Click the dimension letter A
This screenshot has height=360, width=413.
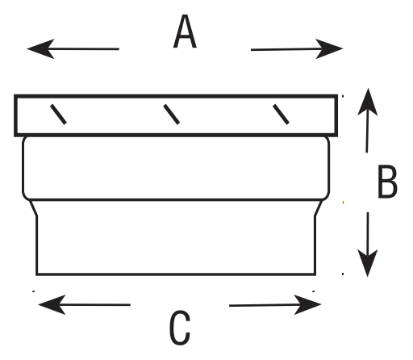(185, 31)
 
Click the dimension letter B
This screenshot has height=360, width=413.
(387, 182)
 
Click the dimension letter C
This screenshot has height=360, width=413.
(180, 328)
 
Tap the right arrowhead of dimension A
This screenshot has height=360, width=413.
(329, 48)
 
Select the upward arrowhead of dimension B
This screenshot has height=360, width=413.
(368, 102)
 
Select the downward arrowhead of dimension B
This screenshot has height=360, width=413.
(368, 263)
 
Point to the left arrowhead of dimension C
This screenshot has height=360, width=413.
(52, 304)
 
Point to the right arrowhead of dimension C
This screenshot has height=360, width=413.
(308, 304)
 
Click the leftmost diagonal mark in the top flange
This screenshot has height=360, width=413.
(58, 115)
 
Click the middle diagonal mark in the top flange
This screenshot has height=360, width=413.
(171, 115)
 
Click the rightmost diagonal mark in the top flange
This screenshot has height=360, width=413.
(281, 115)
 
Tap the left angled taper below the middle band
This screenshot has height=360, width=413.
(33, 207)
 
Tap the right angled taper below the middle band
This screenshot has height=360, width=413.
(319, 207)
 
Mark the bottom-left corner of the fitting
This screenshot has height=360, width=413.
(36, 274)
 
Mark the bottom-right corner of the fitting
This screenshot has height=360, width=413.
(315, 274)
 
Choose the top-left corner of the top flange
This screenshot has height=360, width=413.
(15, 96)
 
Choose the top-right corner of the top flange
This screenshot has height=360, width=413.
(336, 96)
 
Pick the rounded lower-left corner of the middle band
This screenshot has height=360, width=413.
(26, 196)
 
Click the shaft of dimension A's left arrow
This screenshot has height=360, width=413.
(83, 49)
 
